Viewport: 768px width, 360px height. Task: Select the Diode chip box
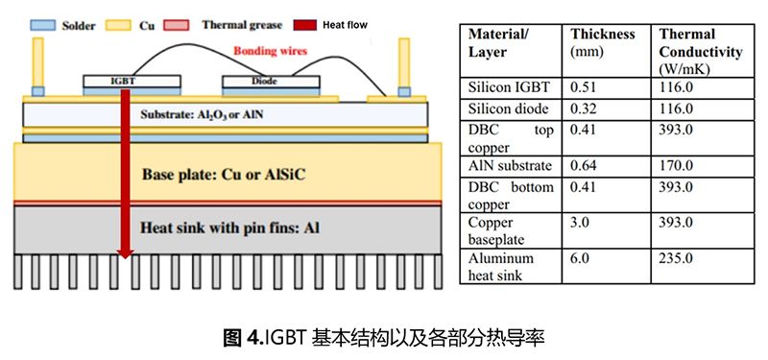coord(252,82)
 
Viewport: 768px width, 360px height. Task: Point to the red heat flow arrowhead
coord(125,253)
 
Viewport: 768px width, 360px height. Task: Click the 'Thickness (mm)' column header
coord(603,42)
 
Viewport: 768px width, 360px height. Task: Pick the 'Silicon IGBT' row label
coord(507,86)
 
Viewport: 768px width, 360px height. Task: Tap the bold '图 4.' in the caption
coord(239,337)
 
